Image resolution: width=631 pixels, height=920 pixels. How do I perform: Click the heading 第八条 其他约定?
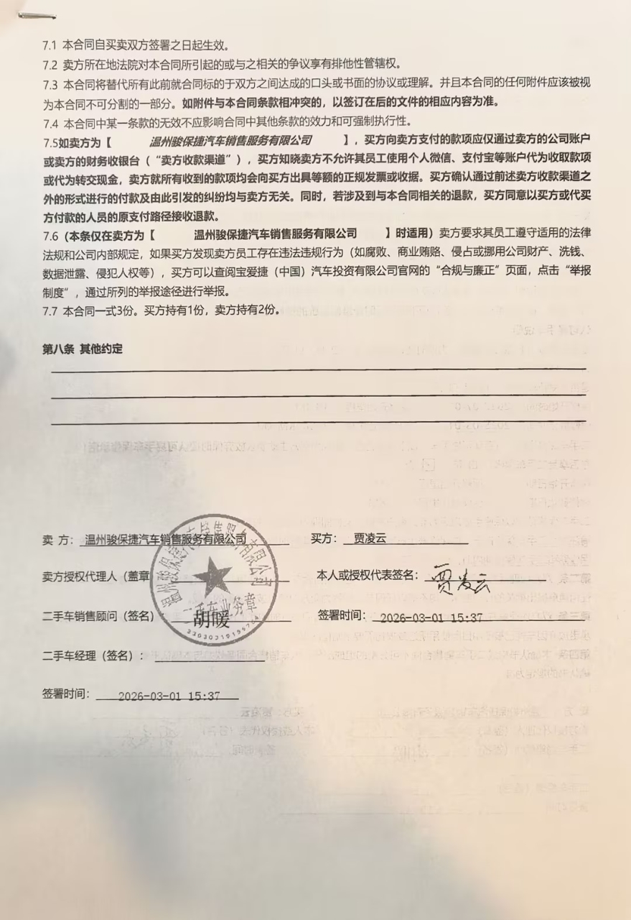click(82, 349)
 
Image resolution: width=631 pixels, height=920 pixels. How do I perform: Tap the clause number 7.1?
click(50, 45)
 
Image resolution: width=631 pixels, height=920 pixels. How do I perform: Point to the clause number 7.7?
click(50, 311)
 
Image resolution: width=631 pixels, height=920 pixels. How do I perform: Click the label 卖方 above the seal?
click(57, 540)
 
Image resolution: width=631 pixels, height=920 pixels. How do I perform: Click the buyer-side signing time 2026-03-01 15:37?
click(431, 617)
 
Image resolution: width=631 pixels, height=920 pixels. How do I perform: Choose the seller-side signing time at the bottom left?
click(168, 696)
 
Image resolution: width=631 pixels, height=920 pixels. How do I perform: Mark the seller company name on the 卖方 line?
click(165, 540)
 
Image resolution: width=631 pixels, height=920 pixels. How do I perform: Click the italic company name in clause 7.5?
click(230, 140)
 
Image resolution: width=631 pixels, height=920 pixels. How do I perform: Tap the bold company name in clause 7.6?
click(276, 234)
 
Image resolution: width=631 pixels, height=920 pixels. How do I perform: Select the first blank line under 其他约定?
click(316, 368)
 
